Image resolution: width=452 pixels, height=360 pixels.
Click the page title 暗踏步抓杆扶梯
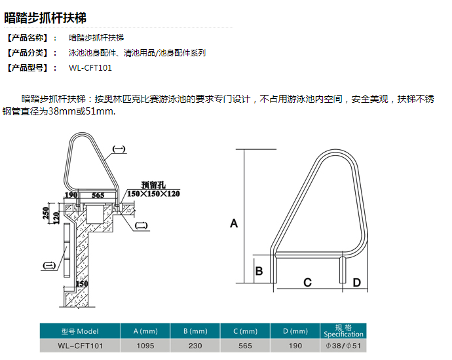click(45, 18)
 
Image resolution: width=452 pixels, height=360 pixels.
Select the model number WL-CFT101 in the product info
click(90, 68)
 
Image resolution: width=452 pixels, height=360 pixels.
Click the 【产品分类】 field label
click(28, 53)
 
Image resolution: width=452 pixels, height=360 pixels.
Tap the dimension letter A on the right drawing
click(234, 223)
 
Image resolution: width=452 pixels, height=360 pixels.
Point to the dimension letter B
click(259, 271)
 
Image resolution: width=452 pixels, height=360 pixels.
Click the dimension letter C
click(308, 282)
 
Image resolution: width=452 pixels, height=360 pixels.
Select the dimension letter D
click(357, 283)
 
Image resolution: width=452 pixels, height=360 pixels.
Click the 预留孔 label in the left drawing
click(153, 185)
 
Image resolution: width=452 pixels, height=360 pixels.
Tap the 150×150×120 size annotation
click(153, 194)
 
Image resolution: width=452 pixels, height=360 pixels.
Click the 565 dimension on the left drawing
click(98, 195)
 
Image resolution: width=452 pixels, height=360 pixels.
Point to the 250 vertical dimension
click(46, 213)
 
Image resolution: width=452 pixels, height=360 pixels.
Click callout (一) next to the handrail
click(119, 149)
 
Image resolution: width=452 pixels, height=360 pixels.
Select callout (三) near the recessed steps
click(49, 265)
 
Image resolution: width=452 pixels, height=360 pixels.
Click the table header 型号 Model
click(80, 331)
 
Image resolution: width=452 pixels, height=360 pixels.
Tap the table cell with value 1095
click(145, 346)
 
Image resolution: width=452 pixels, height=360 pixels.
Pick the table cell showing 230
click(195, 346)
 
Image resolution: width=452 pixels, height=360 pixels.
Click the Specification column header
click(343, 331)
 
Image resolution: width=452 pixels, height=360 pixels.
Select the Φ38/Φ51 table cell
click(343, 346)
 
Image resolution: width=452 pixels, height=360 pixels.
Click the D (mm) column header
click(295, 331)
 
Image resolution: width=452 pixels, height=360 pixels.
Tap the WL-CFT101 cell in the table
click(80, 346)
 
